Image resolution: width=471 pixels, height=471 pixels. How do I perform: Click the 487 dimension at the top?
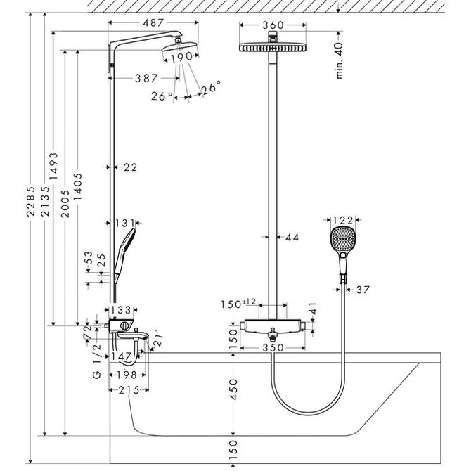click(x=153, y=22)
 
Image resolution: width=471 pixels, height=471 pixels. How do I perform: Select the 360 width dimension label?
click(x=273, y=25)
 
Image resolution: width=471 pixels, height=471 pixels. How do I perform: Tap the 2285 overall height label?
click(x=31, y=201)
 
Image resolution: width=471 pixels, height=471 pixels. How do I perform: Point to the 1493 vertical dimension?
click(x=53, y=166)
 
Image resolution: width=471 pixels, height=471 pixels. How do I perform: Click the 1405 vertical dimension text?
click(x=78, y=186)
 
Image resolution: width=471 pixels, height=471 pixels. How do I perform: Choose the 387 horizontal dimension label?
click(x=146, y=79)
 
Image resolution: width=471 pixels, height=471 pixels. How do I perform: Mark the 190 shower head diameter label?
click(x=182, y=57)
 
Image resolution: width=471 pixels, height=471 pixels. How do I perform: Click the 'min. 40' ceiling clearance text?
click(x=339, y=60)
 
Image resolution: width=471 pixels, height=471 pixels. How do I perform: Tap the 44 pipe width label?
click(x=292, y=238)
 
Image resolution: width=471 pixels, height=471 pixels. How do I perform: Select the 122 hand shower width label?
click(x=343, y=221)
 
